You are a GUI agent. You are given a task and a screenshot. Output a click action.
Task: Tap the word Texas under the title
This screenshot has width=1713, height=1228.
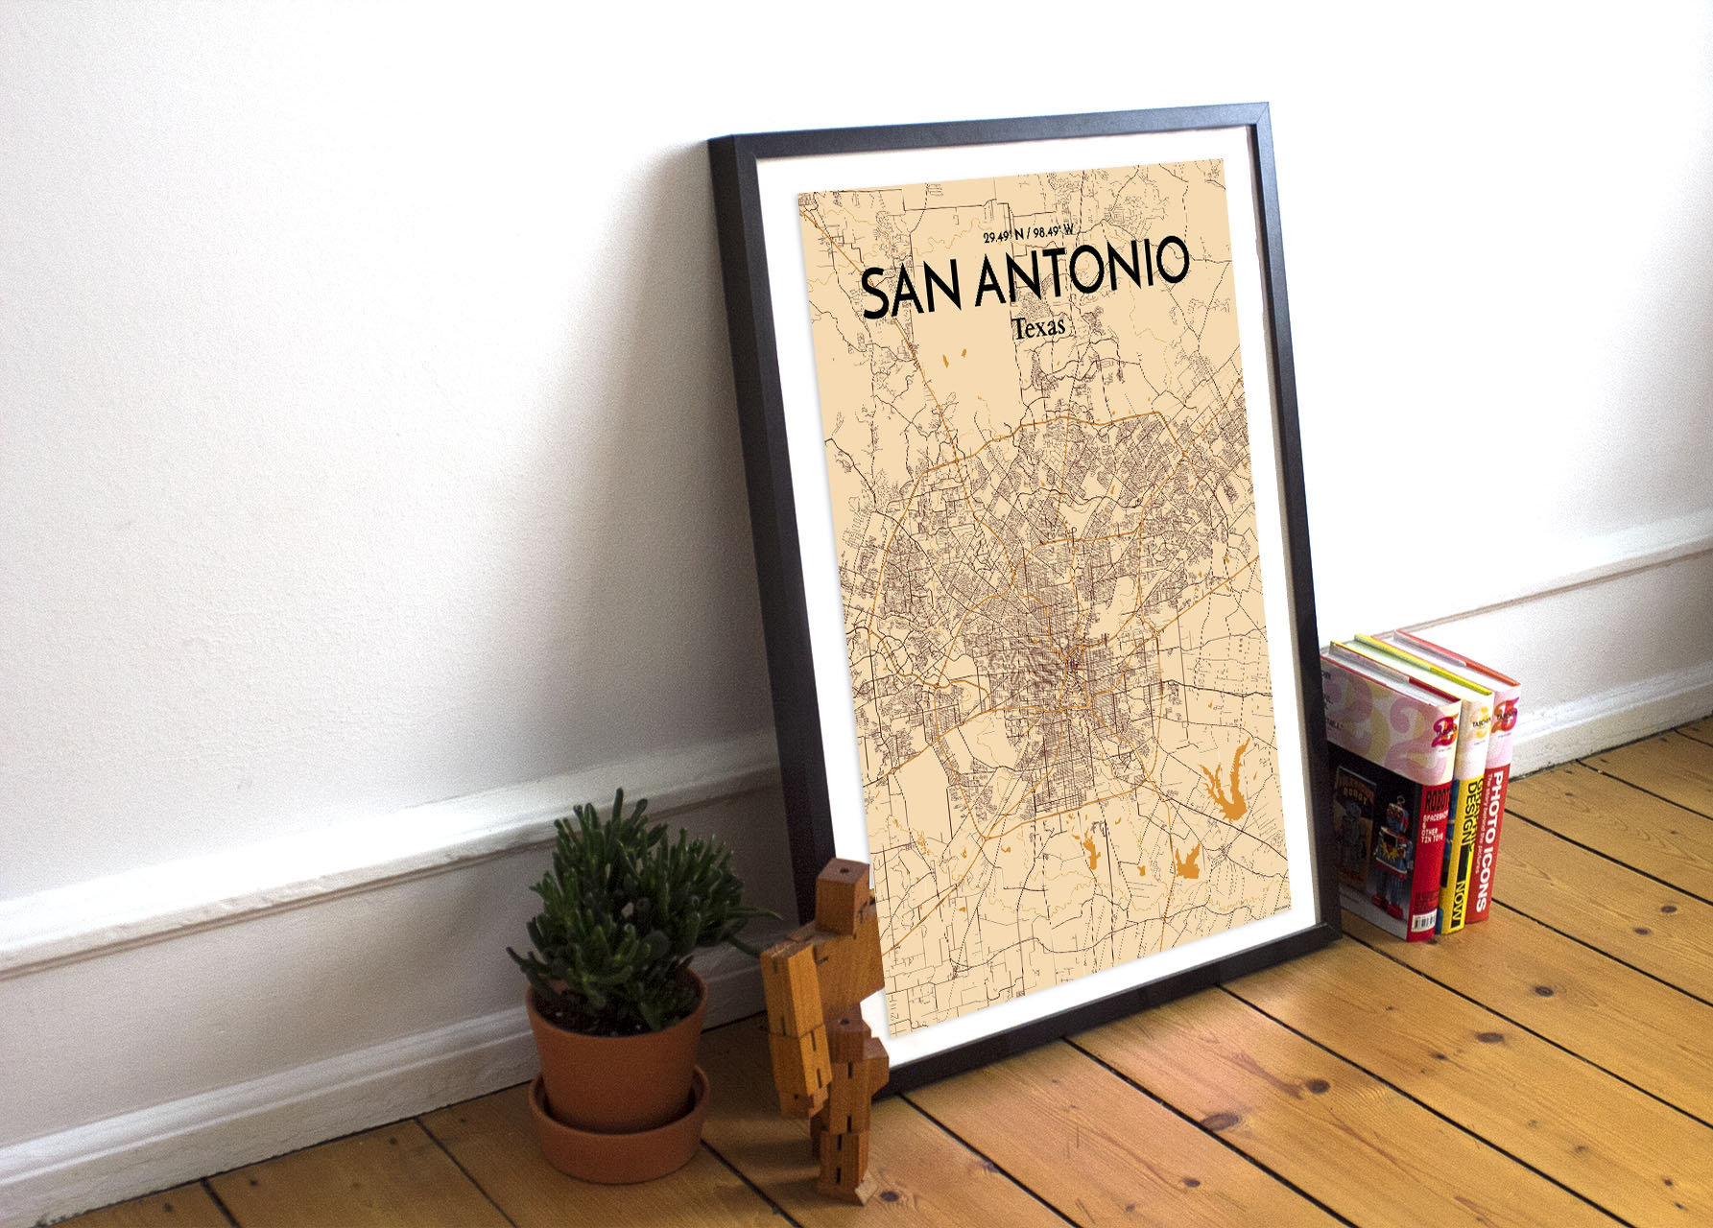(x=1038, y=327)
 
